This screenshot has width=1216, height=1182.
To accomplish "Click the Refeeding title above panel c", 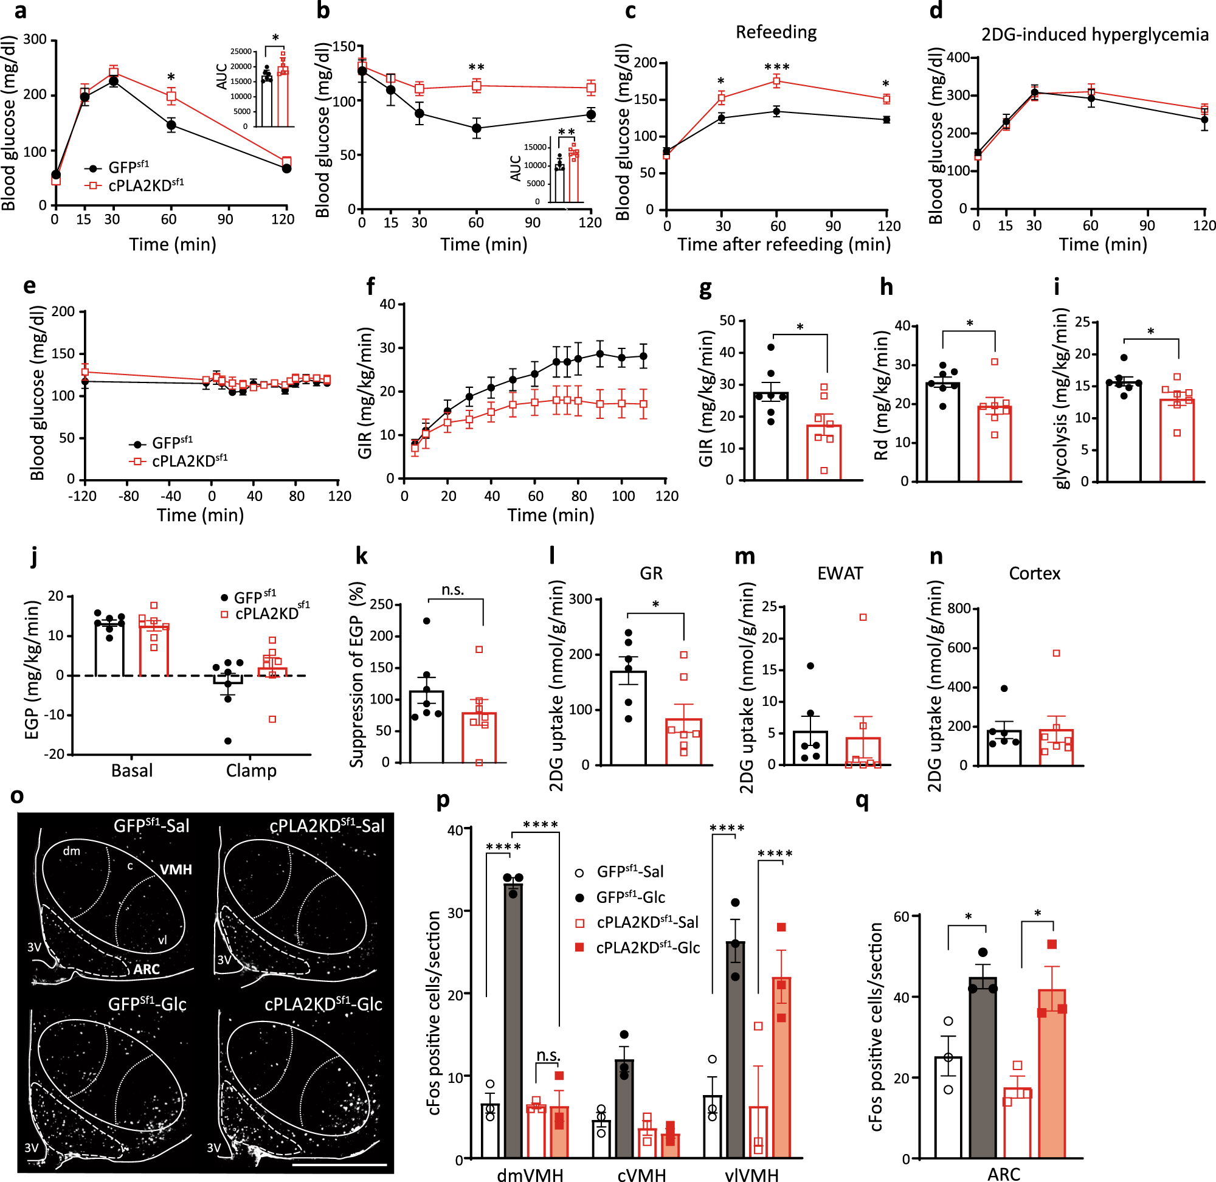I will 775,32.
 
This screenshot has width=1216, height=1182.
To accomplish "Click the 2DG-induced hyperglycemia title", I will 1094,34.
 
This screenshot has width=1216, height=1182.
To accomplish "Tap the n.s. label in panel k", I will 452,590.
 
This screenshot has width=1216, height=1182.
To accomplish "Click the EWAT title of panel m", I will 839,573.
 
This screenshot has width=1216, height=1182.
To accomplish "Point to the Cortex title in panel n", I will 1034,573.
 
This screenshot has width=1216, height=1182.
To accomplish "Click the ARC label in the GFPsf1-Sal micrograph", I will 147,969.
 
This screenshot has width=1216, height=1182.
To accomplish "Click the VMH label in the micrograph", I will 176,869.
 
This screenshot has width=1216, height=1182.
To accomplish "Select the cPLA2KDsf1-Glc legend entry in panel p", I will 648,948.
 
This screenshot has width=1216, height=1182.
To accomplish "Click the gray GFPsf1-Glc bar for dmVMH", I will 513,1018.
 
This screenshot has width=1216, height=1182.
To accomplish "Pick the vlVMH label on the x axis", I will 751,1174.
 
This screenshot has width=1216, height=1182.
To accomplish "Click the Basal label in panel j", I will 131,770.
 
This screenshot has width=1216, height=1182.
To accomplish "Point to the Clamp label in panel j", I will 250,770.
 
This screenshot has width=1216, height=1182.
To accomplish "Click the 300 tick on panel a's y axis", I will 35,40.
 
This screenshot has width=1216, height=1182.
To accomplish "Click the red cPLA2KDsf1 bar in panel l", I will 683,742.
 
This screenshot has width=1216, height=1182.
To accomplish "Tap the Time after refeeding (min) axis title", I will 783,244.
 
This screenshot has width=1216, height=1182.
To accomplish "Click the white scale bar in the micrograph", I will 339,1165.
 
